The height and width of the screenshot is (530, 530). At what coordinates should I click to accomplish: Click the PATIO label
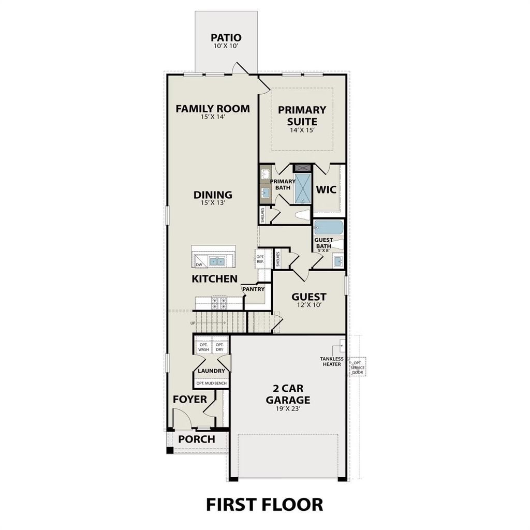[x=226, y=38]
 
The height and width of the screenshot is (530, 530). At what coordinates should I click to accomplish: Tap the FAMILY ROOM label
[x=212, y=109]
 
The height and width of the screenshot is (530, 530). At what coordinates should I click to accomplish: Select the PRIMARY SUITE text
[x=302, y=115]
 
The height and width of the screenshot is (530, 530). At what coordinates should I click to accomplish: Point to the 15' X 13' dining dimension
[x=212, y=203]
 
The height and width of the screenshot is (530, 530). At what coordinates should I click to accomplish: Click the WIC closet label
[x=327, y=189]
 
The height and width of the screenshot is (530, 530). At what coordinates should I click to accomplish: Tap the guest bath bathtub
[x=329, y=228]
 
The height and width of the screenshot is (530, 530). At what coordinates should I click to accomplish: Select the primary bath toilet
[x=301, y=215]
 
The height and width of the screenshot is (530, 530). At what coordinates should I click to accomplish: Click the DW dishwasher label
[x=199, y=264]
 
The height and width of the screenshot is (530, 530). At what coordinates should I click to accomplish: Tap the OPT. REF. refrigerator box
[x=260, y=259]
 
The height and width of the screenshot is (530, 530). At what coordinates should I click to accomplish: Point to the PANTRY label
[x=254, y=289]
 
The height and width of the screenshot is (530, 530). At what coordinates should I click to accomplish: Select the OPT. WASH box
[x=203, y=347]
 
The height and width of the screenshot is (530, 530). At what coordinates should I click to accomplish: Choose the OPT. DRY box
[x=220, y=347]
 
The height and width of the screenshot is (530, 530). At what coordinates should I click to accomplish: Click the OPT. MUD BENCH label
[x=212, y=383]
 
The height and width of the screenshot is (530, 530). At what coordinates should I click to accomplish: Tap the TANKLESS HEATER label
[x=330, y=361]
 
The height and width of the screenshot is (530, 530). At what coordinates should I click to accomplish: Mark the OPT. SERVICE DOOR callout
[x=358, y=367]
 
